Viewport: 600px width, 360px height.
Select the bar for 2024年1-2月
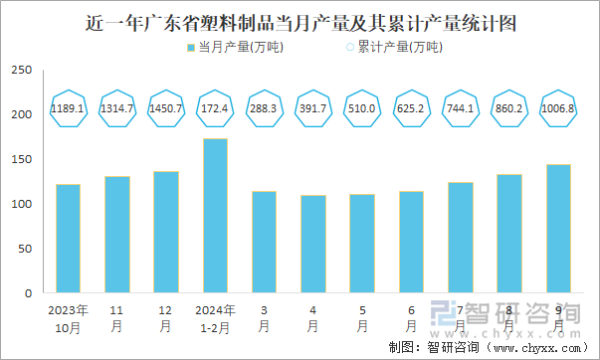click(215, 216)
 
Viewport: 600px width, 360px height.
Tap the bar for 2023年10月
click(68, 239)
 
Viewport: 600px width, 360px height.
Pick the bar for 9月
click(558, 229)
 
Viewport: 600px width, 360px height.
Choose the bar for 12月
click(166, 233)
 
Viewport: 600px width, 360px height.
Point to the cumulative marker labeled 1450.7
click(166, 107)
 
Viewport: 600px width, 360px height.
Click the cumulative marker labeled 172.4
click(215, 107)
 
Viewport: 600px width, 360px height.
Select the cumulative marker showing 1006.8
click(558, 107)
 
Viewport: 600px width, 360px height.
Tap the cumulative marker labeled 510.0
click(362, 107)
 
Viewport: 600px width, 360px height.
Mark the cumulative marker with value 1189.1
click(68, 107)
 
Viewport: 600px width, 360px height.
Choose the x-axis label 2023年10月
click(68, 317)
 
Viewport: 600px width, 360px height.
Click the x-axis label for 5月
click(362, 317)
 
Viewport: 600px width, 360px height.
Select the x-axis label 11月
click(117, 317)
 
